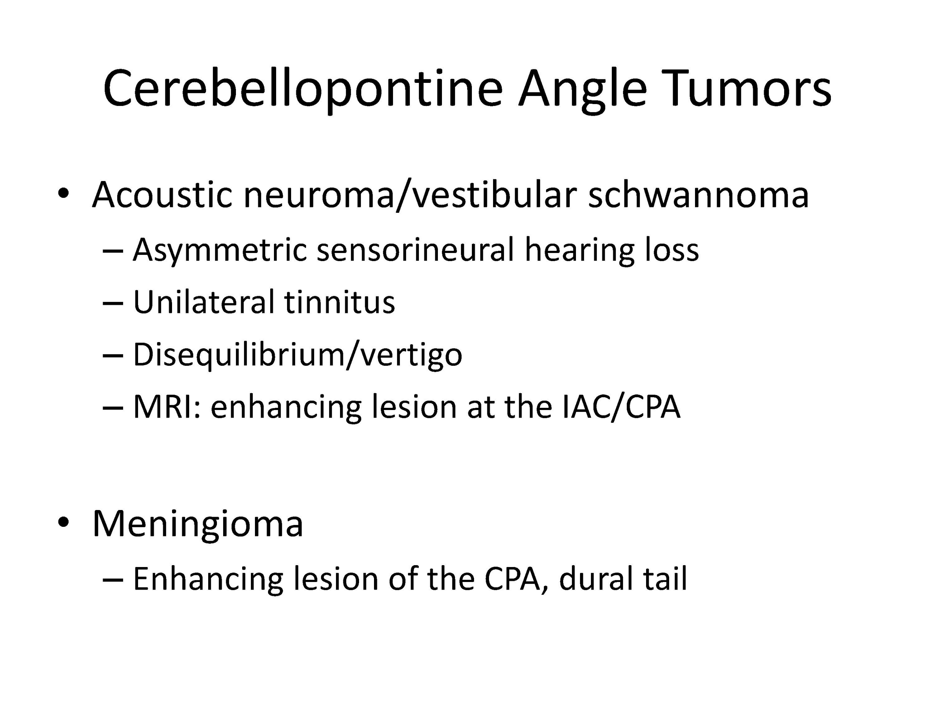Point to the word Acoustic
162,194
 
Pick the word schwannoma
698,194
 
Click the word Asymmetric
220,250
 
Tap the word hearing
580,250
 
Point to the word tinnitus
340,302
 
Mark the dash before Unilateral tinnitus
113,303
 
